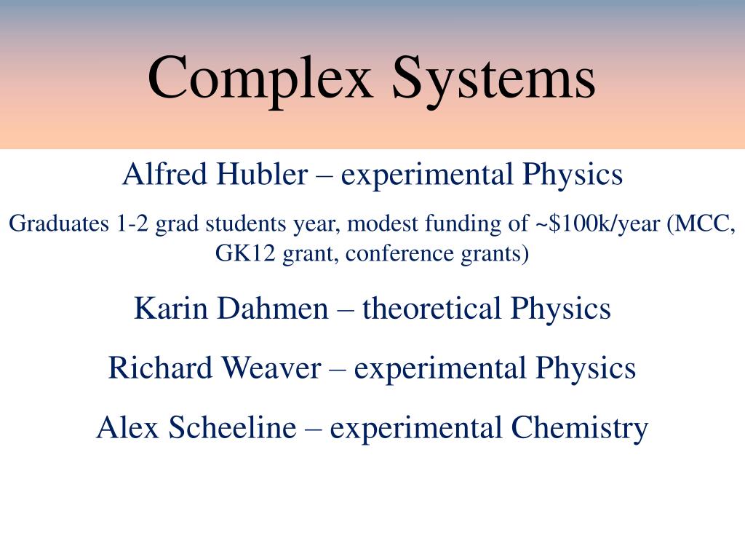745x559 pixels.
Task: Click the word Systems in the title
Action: (x=494, y=77)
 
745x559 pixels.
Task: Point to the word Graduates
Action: (x=57, y=224)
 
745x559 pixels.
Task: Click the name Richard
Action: (x=161, y=368)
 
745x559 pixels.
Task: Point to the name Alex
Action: (x=127, y=428)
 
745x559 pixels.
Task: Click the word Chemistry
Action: (x=578, y=428)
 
